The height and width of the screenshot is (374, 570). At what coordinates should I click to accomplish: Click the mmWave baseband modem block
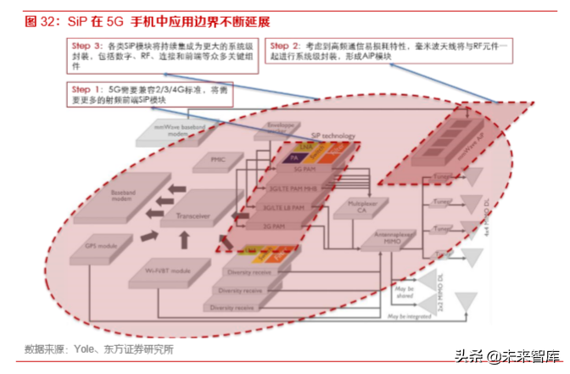[178, 129]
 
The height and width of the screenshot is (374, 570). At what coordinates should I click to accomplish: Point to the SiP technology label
[332, 135]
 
